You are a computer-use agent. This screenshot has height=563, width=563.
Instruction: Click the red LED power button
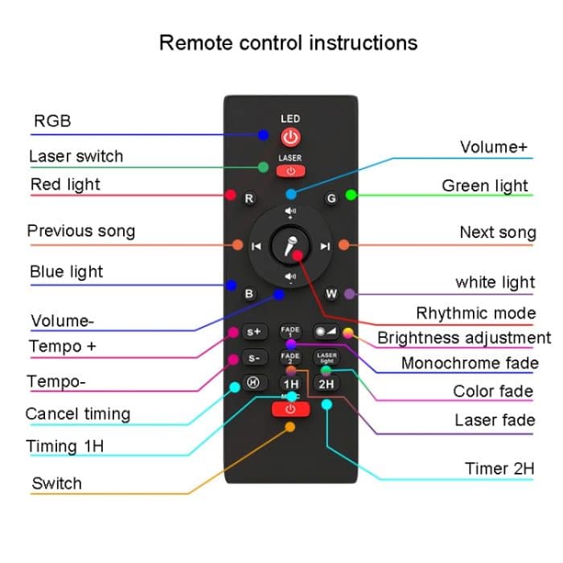point(290,136)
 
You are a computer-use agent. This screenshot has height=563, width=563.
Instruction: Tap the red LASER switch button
point(290,171)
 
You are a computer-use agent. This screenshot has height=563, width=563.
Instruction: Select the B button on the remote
point(249,294)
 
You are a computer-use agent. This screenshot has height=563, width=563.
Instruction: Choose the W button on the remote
point(331,294)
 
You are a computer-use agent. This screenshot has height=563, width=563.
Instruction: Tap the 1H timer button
point(290,384)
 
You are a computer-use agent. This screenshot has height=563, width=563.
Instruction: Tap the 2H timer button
point(326,384)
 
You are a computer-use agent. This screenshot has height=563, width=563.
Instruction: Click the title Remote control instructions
point(288,42)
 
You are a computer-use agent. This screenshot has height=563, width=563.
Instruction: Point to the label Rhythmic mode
point(475,313)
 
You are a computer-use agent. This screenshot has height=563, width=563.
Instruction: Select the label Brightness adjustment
point(464,338)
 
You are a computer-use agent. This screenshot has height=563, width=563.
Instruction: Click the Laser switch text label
point(76,156)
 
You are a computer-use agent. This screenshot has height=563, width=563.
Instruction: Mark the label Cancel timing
point(77,414)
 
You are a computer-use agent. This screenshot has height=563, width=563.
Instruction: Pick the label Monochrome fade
point(470,364)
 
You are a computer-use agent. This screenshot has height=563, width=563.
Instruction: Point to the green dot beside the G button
point(351,195)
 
